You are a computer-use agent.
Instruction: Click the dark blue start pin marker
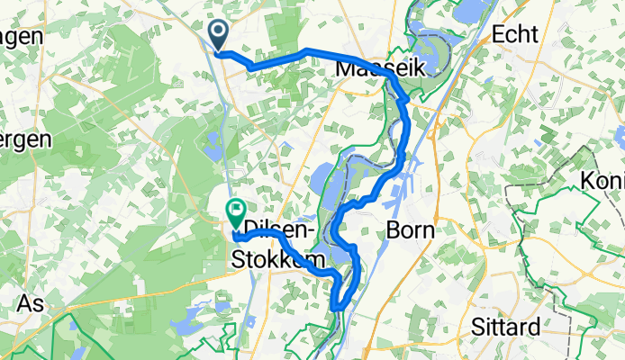(218, 35)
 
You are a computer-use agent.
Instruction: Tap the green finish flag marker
(236, 214)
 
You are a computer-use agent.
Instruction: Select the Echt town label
(516, 34)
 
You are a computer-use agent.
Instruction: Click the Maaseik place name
(367, 68)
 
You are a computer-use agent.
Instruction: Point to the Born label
(410, 229)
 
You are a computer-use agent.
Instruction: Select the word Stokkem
(270, 260)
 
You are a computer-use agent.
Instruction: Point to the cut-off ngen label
(22, 36)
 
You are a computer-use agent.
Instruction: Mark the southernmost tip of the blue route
(336, 309)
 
